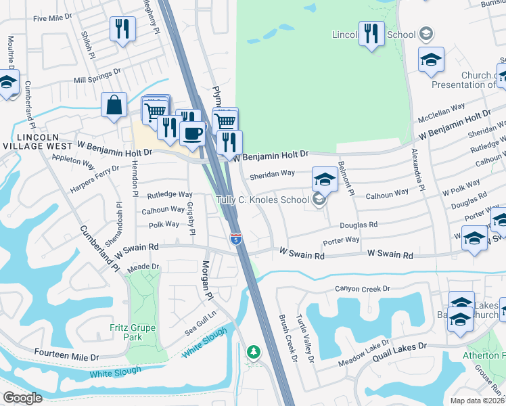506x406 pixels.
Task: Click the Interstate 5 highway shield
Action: pos(235,239)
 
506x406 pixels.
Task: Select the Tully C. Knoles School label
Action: pos(263,200)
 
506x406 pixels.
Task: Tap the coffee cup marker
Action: pos(192,133)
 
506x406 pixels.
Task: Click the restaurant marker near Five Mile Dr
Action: pos(122,29)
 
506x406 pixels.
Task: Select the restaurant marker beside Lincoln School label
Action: pos(371,34)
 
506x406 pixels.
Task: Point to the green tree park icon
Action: pos(254,352)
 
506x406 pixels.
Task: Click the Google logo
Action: pos(22,398)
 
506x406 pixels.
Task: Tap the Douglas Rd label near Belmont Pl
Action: pos(359,225)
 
